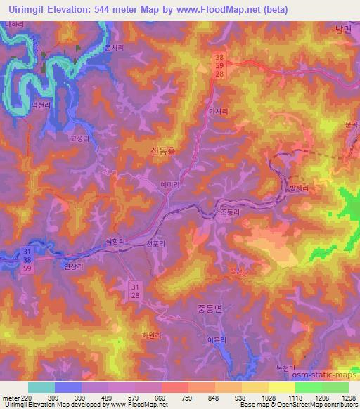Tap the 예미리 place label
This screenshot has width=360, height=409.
pos(168,184)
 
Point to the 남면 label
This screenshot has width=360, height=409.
pos(342,29)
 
